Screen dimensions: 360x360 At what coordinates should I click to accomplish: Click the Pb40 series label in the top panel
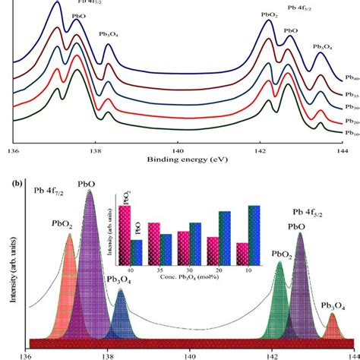(351, 78)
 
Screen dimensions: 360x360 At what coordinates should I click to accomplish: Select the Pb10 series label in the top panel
(351, 134)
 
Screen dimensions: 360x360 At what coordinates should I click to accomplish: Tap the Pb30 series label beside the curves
(351, 107)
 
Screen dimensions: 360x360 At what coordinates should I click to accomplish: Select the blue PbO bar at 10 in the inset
(254, 232)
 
